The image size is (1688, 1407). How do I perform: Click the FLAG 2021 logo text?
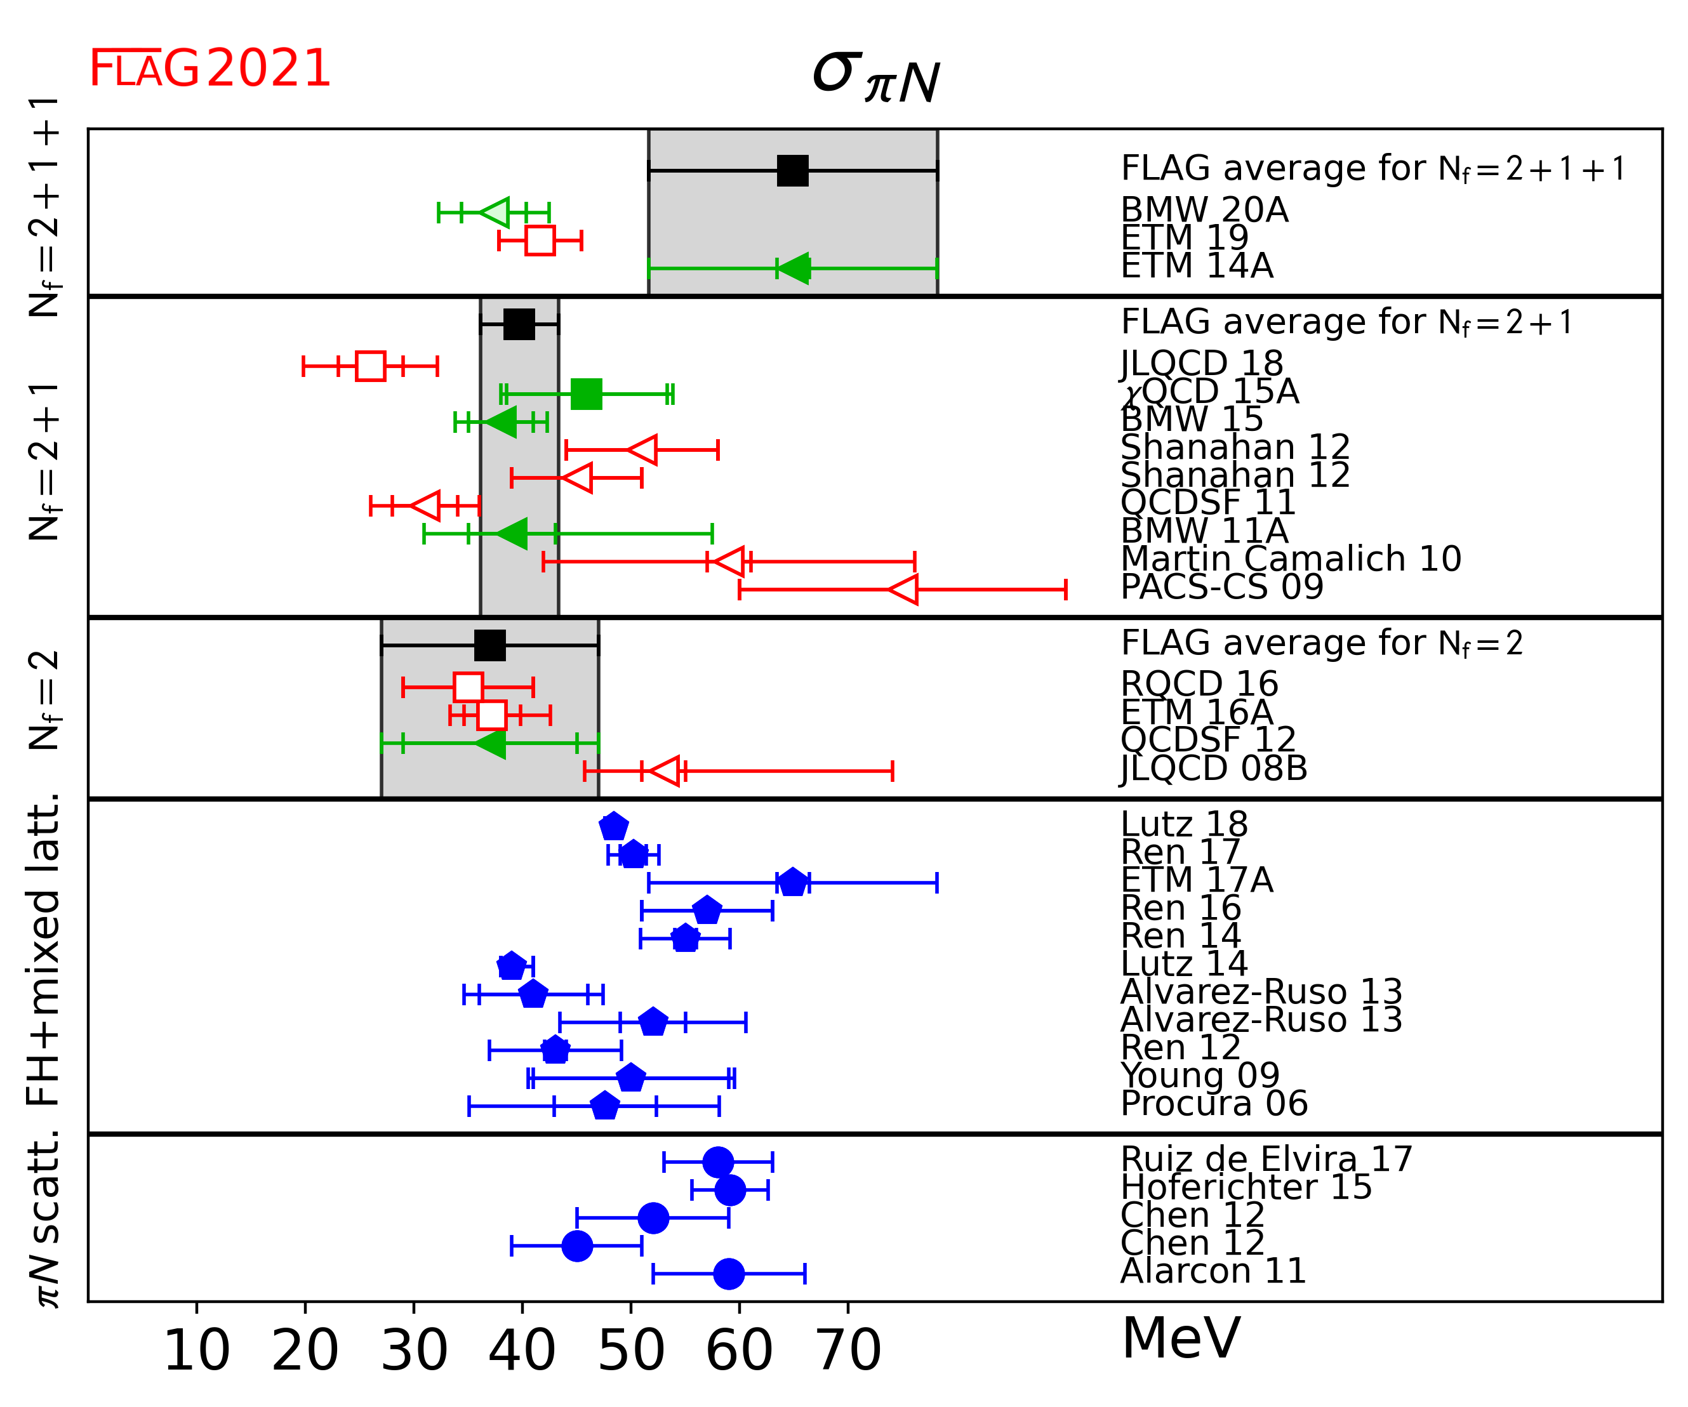[x=209, y=69]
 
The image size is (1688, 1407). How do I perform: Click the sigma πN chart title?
[x=875, y=78]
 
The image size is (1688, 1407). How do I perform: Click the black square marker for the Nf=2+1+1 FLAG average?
[x=792, y=170]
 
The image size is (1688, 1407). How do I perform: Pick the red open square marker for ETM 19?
[x=540, y=241]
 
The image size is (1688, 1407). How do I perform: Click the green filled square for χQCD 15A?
[x=586, y=393]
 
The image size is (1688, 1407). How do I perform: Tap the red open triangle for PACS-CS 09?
[x=904, y=589]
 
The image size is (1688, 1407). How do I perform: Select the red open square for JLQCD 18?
[x=371, y=366]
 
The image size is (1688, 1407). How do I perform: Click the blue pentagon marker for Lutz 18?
[x=613, y=826]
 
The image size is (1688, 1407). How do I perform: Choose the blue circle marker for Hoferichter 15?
[x=729, y=1190]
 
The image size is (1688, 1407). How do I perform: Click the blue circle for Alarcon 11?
[x=728, y=1274]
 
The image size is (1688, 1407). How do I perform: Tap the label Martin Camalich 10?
[x=1290, y=558]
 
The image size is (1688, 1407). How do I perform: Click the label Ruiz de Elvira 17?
[x=1266, y=1159]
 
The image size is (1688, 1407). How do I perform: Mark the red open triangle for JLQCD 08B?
[x=665, y=770]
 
